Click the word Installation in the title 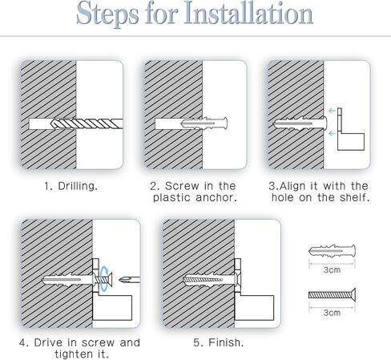(x=248, y=14)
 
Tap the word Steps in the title (x=107, y=14)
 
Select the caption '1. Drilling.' (x=71, y=186)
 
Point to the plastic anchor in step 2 (x=204, y=123)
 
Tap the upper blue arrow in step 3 (x=332, y=111)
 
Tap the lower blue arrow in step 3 (x=332, y=133)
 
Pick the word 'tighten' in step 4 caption (x=71, y=354)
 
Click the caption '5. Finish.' (x=219, y=342)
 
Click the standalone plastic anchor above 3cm (x=332, y=251)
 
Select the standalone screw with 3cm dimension (x=332, y=295)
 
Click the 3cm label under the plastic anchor (x=332, y=270)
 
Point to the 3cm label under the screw (x=332, y=313)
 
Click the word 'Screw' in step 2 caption (x=182, y=186)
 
